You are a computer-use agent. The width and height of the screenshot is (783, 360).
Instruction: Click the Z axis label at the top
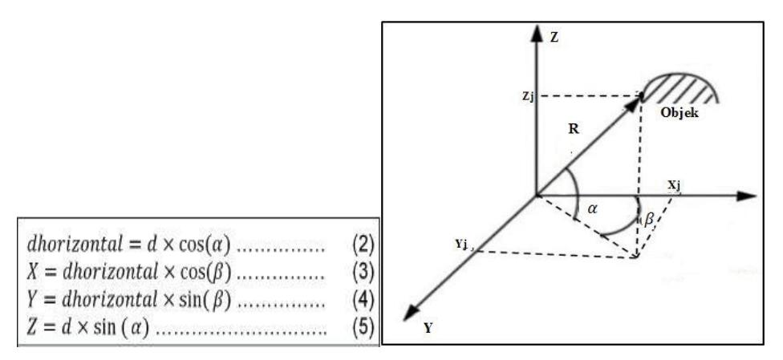554,38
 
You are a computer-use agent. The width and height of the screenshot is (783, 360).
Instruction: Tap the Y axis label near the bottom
428,328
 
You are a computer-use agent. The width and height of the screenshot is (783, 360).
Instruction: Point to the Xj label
674,186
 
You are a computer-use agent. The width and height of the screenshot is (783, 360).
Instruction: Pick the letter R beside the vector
574,129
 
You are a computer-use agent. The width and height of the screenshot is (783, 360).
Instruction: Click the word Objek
680,113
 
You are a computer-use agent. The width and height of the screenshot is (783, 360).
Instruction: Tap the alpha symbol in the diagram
593,209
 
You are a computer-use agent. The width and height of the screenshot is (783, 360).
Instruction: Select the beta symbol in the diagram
649,220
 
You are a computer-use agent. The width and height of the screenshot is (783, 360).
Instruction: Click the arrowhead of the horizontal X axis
747,196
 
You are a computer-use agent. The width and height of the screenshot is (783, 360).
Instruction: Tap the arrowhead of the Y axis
412,312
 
